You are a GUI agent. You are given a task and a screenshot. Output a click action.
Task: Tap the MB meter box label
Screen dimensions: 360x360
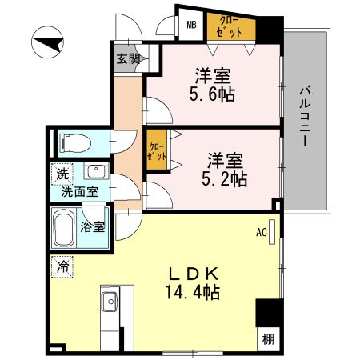(x=192, y=25)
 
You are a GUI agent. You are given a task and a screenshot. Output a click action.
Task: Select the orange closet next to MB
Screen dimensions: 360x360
(x=232, y=26)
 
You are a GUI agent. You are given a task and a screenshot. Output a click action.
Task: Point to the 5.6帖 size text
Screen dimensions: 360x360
(x=213, y=94)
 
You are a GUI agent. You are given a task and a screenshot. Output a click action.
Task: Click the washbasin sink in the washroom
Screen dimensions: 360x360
(x=96, y=174)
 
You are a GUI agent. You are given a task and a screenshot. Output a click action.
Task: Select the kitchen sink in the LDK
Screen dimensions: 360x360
(x=110, y=305)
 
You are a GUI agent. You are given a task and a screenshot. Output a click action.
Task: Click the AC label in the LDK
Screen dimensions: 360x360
(x=261, y=233)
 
